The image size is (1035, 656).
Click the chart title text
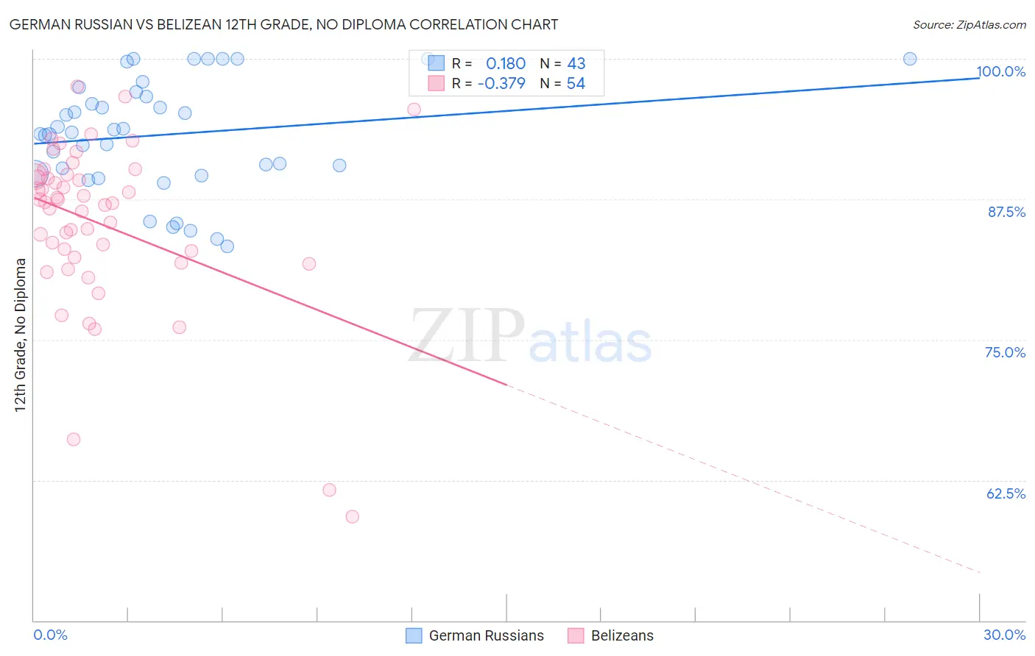point(284,24)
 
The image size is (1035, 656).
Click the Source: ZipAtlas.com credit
point(969,24)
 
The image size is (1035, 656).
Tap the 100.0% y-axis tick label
point(1000,71)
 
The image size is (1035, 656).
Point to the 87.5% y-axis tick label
point(1006,212)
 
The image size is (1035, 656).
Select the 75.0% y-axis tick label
point(1005,352)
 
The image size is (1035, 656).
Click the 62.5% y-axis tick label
point(1006,493)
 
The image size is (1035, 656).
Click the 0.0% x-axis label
point(50,635)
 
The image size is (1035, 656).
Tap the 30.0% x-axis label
point(1004,635)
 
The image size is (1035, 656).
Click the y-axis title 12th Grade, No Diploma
point(21,335)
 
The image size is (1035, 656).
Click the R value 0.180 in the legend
point(506,64)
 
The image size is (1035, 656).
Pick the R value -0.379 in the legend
point(501,84)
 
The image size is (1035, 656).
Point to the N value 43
point(576,64)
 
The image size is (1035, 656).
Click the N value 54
point(576,84)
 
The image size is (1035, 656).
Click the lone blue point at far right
point(910,59)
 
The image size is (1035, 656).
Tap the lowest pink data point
point(352,517)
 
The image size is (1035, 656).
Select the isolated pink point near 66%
point(74,439)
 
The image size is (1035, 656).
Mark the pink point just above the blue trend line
point(414,110)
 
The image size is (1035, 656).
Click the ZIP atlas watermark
point(530,337)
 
